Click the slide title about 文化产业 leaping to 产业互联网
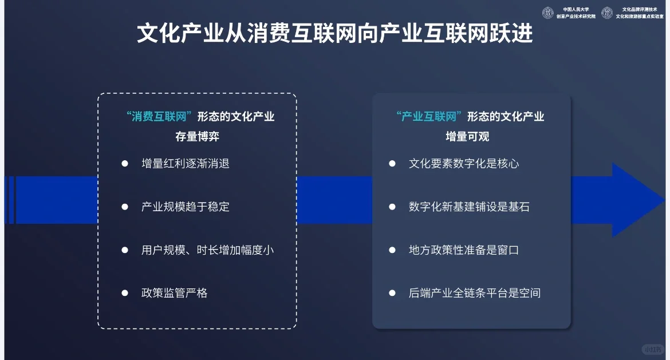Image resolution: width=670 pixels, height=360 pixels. pyautogui.click(x=334, y=34)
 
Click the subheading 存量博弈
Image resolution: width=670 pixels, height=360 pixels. pyautogui.click(x=197, y=137)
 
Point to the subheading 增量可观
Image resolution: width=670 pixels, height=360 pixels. pyautogui.click(x=467, y=137)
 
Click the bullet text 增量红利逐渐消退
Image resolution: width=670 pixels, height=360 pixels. pyautogui.click(x=185, y=164)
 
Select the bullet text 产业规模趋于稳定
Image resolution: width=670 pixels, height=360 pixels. pyautogui.click(x=185, y=207)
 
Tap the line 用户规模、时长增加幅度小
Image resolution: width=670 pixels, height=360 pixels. pyautogui.click(x=207, y=250)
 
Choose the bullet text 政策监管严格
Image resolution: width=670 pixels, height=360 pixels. pyautogui.click(x=174, y=293)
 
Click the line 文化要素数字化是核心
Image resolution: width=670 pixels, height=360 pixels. pyautogui.click(x=464, y=164)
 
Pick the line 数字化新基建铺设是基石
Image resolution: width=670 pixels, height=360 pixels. pyautogui.click(x=469, y=207)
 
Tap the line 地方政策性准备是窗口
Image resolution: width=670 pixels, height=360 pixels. pyautogui.click(x=464, y=250)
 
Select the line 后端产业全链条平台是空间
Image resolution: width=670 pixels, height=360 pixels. pyautogui.click(x=475, y=293)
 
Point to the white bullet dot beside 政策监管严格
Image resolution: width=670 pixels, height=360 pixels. pyautogui.click(x=125, y=293)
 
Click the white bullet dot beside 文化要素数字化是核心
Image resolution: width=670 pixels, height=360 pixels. pyautogui.click(x=392, y=164)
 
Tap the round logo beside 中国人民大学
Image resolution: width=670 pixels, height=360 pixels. pyautogui.click(x=548, y=13)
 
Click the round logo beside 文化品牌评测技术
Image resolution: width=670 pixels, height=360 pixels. pyautogui.click(x=607, y=13)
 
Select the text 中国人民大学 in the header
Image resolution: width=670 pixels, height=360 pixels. pyautogui.click(x=576, y=9)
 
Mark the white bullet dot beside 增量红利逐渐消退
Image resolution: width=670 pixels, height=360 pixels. pyautogui.click(x=125, y=164)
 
